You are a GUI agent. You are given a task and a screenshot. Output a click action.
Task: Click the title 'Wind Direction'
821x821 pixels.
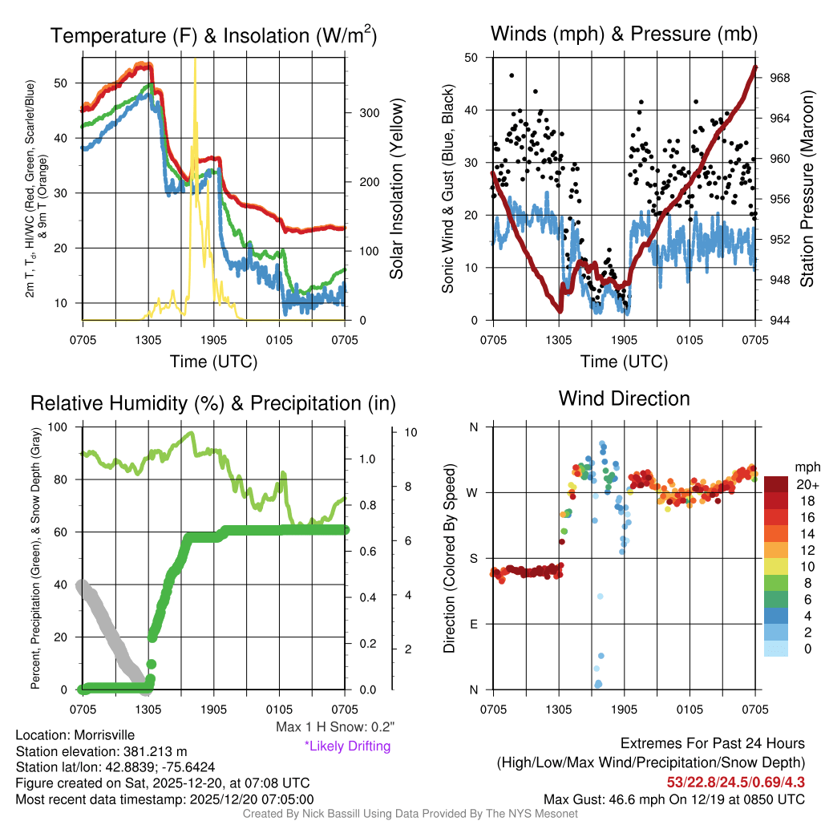(x=624, y=398)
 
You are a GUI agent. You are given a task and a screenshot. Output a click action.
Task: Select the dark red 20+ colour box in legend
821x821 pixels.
(x=775, y=484)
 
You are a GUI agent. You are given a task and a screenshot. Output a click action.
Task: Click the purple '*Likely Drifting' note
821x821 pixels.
(x=347, y=746)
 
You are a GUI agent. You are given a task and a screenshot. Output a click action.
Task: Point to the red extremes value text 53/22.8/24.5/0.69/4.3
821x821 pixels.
(x=735, y=781)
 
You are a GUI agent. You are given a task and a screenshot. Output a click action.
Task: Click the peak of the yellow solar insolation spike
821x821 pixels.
(x=195, y=60)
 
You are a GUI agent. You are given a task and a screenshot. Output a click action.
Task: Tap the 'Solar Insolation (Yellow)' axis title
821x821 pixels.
(x=396, y=189)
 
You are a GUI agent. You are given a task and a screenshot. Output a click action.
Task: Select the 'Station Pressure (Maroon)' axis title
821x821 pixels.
(x=807, y=189)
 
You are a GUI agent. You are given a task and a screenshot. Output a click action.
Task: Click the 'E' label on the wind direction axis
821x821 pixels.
(x=473, y=624)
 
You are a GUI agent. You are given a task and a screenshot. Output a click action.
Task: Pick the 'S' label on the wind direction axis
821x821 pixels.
(x=473, y=558)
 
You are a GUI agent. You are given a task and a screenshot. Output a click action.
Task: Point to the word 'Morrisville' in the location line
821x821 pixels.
(x=104, y=734)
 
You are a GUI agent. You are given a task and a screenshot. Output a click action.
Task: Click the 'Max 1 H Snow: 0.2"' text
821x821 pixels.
(x=334, y=727)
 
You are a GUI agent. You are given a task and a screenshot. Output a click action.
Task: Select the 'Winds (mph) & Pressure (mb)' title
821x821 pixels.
(x=624, y=34)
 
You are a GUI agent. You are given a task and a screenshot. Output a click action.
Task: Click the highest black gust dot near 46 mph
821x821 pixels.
(x=512, y=75)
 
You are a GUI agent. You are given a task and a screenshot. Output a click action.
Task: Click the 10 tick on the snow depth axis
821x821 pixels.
(x=411, y=432)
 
